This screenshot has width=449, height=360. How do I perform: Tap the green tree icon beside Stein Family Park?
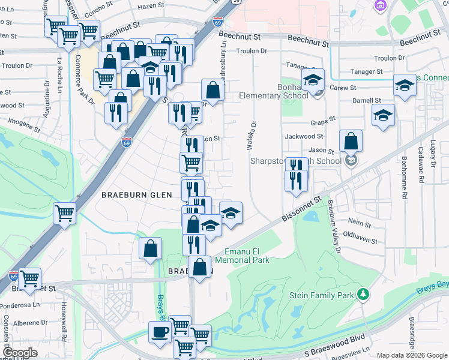[363, 294]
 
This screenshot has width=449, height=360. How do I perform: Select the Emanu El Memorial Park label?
[246, 256]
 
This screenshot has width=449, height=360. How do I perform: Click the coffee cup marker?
[159, 332]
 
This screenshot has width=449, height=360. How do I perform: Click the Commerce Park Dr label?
[85, 79]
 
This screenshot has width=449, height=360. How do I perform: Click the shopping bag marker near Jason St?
[351, 142]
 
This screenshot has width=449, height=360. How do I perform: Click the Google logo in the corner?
[20, 353]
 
